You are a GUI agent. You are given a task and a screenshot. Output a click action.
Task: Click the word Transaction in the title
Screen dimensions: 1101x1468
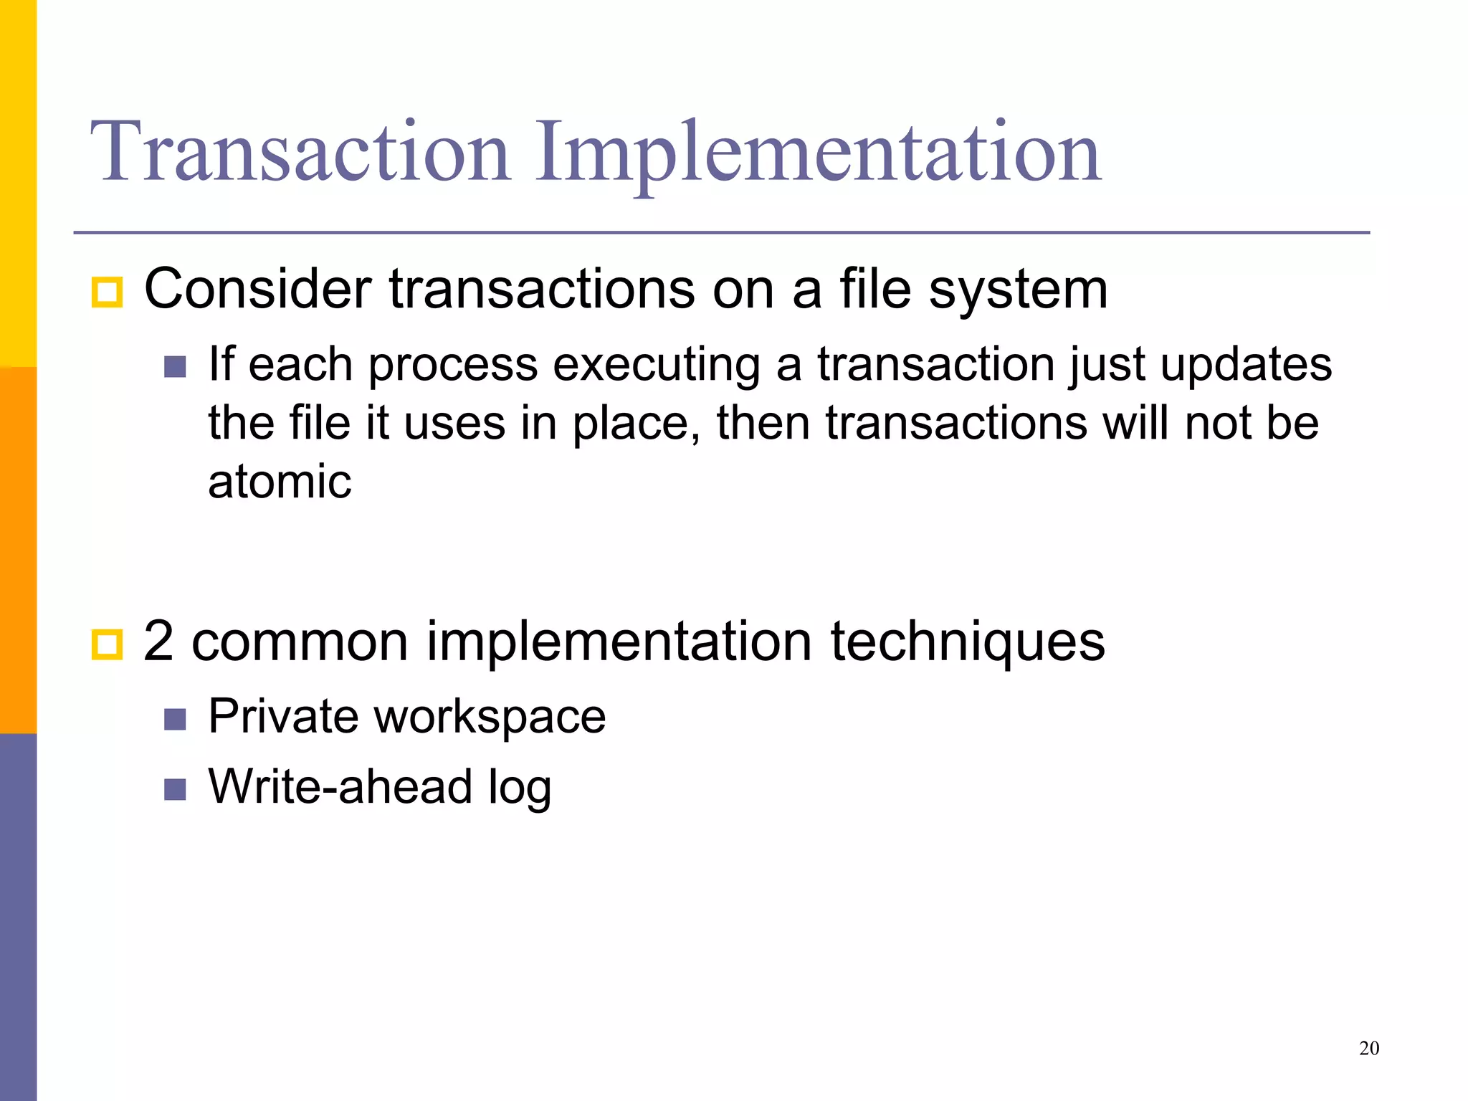(x=300, y=152)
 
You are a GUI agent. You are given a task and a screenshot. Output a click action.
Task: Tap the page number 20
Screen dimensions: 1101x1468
(x=1368, y=1049)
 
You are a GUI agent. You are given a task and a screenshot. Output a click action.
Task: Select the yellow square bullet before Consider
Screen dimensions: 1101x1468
(x=108, y=292)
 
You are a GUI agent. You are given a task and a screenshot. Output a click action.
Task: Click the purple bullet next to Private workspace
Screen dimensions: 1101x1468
(x=175, y=719)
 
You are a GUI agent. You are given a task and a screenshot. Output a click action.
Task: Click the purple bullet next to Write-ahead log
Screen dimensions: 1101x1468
(x=175, y=789)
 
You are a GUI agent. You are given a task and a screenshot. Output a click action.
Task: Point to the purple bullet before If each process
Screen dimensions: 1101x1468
(x=175, y=367)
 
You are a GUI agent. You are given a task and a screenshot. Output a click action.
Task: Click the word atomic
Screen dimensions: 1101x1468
(x=280, y=481)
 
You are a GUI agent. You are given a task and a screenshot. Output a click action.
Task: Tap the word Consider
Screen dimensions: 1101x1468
(x=257, y=289)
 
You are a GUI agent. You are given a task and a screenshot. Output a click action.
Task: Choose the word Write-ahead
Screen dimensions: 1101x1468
(x=340, y=786)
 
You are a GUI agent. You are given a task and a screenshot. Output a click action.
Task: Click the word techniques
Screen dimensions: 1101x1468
(x=968, y=641)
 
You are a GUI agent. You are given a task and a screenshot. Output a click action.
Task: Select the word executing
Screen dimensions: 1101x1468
(x=657, y=364)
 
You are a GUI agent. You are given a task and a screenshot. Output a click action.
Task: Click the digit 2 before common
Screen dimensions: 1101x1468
(x=158, y=641)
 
